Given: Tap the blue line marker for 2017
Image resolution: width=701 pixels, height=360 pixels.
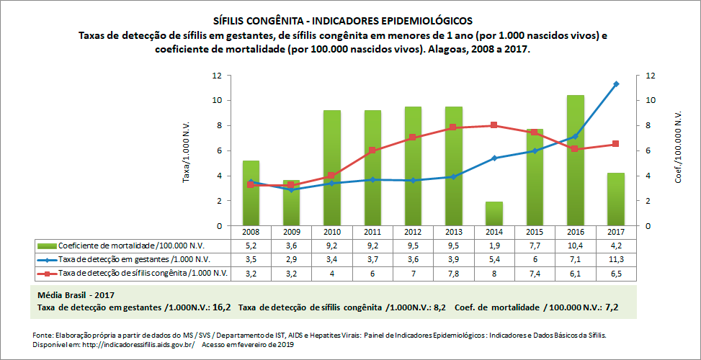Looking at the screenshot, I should point(615,84).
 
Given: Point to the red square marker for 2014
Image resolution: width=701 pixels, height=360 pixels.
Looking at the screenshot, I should point(493,125).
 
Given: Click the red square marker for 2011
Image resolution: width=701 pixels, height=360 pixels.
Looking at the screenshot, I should point(372,150).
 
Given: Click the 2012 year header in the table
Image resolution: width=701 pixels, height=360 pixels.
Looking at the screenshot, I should point(412,233).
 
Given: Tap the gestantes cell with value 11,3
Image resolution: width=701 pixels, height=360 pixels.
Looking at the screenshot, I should point(615,259).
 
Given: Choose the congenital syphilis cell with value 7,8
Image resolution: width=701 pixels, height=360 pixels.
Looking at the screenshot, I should point(452,273).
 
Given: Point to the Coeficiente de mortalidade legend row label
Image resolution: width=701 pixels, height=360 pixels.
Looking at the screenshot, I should point(133,246).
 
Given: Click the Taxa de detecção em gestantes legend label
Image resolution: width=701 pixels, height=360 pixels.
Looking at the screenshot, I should point(133,259).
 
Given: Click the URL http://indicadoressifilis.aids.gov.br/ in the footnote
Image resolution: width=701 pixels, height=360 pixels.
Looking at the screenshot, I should point(136,344).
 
